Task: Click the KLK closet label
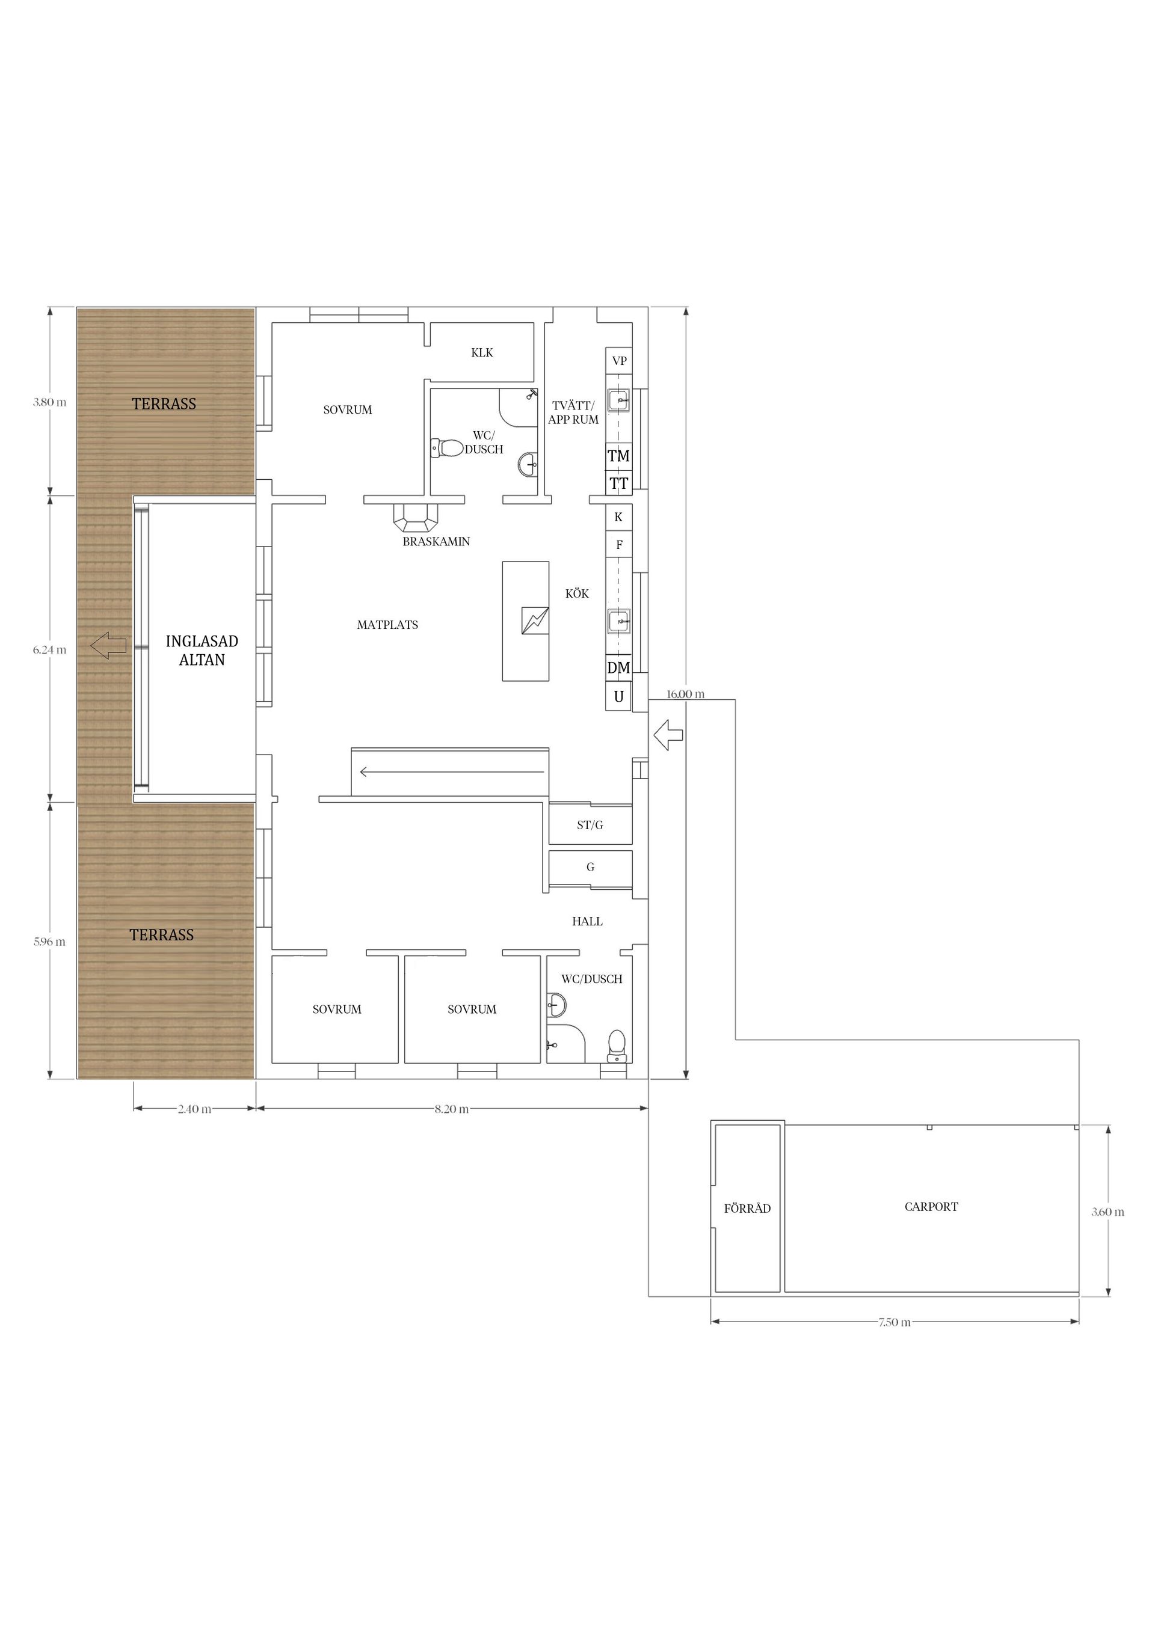click(x=482, y=353)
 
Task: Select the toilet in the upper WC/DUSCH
click(x=447, y=448)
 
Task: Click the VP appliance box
click(x=619, y=361)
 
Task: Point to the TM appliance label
click(x=618, y=456)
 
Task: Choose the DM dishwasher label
click(x=618, y=668)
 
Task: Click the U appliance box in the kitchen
click(x=618, y=696)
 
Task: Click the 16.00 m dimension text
click(x=685, y=694)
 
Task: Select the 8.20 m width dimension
click(x=452, y=1109)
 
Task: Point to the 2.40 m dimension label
click(x=194, y=1109)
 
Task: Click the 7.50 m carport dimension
click(x=895, y=1322)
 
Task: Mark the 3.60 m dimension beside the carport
click(x=1107, y=1212)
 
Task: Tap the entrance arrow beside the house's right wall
click(x=668, y=735)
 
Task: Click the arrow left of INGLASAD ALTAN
click(x=108, y=646)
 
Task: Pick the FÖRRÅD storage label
click(x=747, y=1209)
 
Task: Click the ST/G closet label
click(x=590, y=825)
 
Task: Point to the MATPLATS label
click(x=387, y=625)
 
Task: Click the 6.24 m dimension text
click(x=49, y=649)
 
